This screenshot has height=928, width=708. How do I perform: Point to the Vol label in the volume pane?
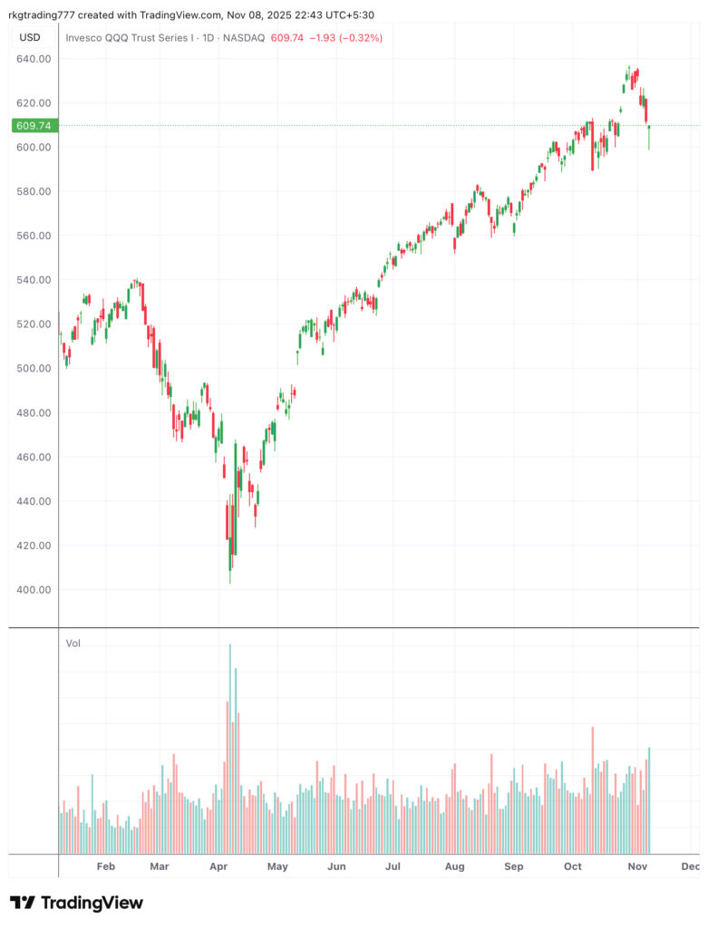tap(73, 643)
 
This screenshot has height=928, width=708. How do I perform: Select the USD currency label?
tap(30, 37)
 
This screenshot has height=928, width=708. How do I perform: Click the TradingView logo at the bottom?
tap(76, 903)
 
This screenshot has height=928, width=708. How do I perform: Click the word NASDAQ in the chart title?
tap(245, 38)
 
